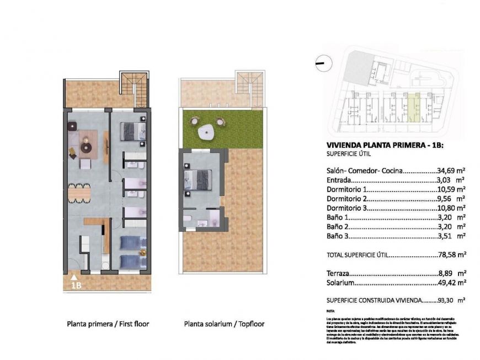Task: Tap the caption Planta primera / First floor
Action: [x=108, y=324]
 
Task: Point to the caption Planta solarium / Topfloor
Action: [x=224, y=324]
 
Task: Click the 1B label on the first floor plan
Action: [x=76, y=285]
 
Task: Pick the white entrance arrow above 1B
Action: [x=74, y=277]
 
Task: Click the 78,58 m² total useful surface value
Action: [x=451, y=255]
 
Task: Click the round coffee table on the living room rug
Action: [x=86, y=147]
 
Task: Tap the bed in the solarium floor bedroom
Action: [x=198, y=179]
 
